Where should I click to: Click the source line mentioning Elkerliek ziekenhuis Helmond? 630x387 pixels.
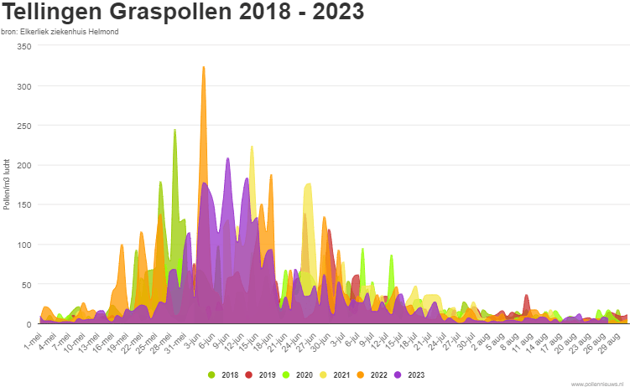(60, 32)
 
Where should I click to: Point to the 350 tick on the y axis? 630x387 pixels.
(23, 46)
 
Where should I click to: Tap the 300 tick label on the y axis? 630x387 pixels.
(23, 86)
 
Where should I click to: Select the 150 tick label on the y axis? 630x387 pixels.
(23, 205)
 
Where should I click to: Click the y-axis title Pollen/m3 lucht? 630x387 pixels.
(7, 184)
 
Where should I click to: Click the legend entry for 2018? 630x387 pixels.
(224, 374)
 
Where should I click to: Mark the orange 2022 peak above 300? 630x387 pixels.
(204, 69)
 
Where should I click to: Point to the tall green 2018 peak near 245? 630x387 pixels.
(174, 132)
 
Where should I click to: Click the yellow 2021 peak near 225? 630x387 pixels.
(252, 148)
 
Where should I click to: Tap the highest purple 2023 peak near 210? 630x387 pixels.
(227, 159)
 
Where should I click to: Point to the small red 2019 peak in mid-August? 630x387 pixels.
(526, 297)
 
